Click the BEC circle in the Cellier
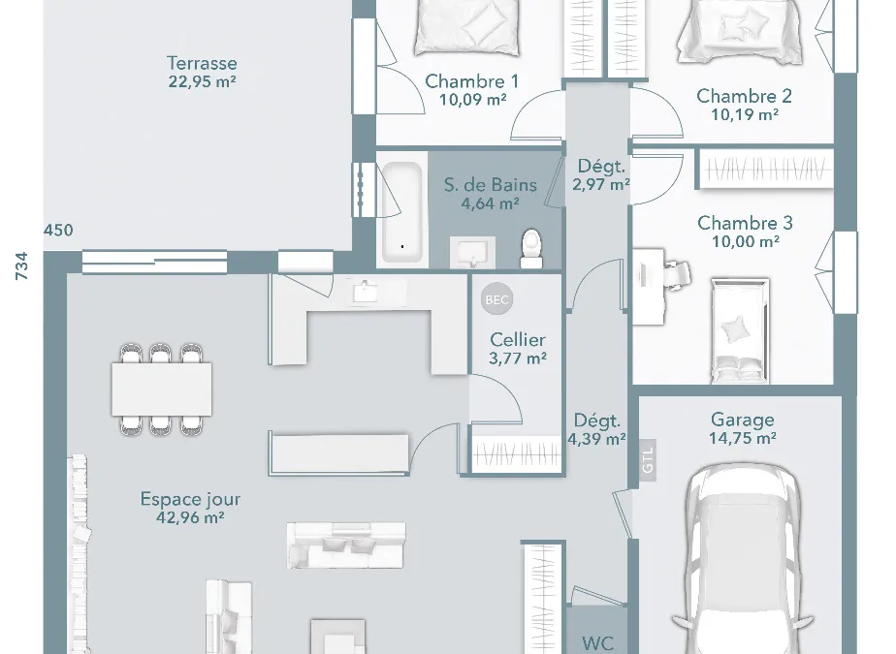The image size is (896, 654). tap(496, 299)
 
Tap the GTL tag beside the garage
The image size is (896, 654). tap(648, 460)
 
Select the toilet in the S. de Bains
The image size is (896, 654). tap(531, 248)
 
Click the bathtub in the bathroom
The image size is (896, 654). tap(402, 212)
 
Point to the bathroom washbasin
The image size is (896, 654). tap(472, 252)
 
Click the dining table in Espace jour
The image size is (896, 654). tap(162, 389)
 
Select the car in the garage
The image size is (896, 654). tap(742, 559)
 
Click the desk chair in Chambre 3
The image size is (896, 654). tap(677, 275)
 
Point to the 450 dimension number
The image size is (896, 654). tap(58, 231)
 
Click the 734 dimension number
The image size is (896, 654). tap(21, 265)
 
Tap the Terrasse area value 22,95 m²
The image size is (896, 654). tap(202, 81)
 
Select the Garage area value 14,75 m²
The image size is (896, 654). tap(742, 438)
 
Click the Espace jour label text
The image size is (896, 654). tap(190, 499)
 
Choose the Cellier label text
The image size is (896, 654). tap(518, 340)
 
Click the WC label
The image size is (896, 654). tap(597, 643)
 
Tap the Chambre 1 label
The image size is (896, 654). tap(472, 81)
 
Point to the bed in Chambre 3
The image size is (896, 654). tap(740, 330)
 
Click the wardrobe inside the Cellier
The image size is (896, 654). tap(517, 454)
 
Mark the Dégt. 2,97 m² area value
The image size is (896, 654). tap(601, 184)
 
